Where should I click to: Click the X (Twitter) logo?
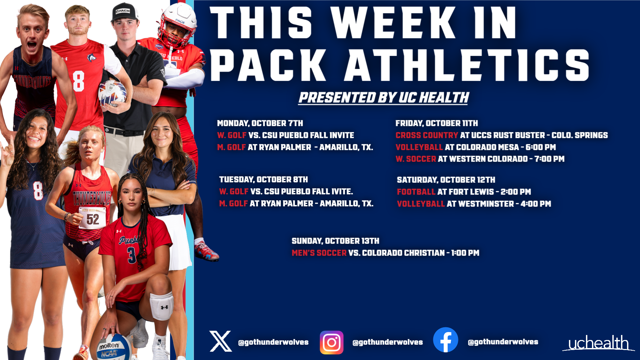click(x=220, y=341)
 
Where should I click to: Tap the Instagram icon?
click(x=331, y=342)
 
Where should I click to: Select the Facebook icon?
click(x=445, y=340)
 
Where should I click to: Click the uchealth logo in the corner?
click(x=598, y=343)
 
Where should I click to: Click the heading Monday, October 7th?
click(x=260, y=123)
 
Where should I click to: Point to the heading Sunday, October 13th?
click(x=335, y=241)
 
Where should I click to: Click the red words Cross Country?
click(x=427, y=135)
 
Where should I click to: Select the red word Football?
click(x=416, y=192)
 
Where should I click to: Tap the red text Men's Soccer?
click(x=319, y=253)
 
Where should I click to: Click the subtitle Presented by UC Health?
click(x=383, y=98)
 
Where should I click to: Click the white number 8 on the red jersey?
click(x=79, y=81)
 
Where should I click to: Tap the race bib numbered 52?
click(x=93, y=219)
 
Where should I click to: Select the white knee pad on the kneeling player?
click(x=162, y=306)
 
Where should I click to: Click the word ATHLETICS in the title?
click(x=467, y=65)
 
